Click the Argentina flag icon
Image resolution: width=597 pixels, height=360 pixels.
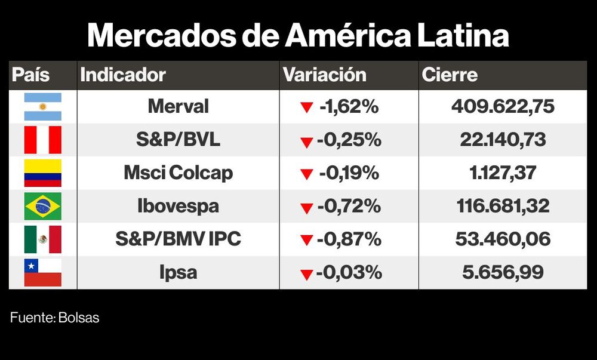(x=42, y=107)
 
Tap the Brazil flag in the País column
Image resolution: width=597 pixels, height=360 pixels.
(x=42, y=207)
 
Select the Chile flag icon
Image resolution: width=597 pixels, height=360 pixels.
(x=42, y=273)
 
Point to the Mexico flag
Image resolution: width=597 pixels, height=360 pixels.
(x=42, y=239)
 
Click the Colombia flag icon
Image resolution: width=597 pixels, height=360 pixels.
(x=42, y=173)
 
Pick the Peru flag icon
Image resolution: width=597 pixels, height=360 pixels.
(x=42, y=140)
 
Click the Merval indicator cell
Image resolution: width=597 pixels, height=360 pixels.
(x=178, y=107)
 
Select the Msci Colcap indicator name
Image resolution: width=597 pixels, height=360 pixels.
(x=178, y=173)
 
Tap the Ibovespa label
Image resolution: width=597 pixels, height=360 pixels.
(x=178, y=207)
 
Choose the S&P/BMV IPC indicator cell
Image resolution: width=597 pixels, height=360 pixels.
(x=178, y=239)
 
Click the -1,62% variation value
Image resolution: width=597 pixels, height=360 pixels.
(x=349, y=107)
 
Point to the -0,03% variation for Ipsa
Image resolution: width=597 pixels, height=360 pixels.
(x=349, y=273)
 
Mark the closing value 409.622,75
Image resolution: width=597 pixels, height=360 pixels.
(x=503, y=107)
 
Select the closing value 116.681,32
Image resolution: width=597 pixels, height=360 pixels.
(x=503, y=207)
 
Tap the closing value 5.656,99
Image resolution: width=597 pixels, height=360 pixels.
(x=503, y=273)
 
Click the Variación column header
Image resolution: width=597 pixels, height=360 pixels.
(x=324, y=75)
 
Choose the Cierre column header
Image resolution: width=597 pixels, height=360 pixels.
(x=450, y=75)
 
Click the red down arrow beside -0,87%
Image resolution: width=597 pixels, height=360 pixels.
(x=307, y=241)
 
